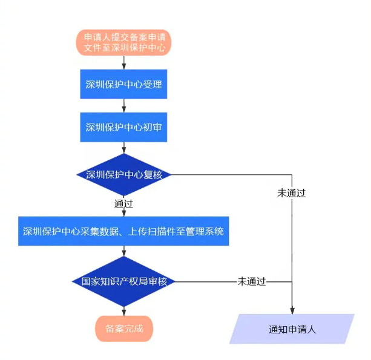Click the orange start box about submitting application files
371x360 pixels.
tap(123, 41)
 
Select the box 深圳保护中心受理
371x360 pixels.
tap(123, 85)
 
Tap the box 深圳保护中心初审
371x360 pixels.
tap(123, 128)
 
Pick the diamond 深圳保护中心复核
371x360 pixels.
tap(123, 175)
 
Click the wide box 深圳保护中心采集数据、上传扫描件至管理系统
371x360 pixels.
tap(123, 231)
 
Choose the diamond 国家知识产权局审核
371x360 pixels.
tap(123, 282)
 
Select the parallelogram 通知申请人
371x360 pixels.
tap(292, 330)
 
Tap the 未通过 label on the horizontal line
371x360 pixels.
tap(252, 282)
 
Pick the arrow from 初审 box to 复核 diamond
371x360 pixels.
tap(123, 148)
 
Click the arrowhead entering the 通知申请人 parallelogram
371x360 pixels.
tap(292, 310)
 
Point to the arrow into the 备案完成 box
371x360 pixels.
tap(123, 310)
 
